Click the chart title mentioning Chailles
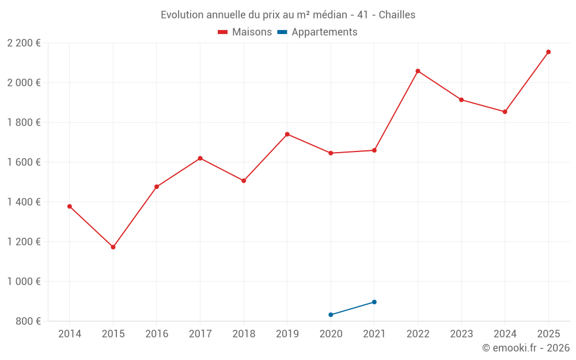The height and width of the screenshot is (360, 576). [x=288, y=14]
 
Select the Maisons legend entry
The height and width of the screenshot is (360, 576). [x=245, y=32]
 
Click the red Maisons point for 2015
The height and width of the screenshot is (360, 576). [x=113, y=247]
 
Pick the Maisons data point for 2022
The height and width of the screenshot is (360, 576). [x=418, y=71]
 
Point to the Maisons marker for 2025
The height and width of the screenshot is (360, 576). [x=548, y=52]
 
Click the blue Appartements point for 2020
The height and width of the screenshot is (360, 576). [x=331, y=314]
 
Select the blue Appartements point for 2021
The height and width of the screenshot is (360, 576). [x=374, y=302]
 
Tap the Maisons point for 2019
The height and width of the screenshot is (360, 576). [x=287, y=134]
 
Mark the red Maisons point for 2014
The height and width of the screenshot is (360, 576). [x=70, y=206]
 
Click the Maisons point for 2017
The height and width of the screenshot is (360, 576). [x=200, y=158]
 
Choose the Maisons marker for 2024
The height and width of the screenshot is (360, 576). [x=505, y=112]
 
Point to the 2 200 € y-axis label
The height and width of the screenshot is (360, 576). [x=24, y=43]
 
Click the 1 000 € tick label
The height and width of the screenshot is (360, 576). [x=24, y=282]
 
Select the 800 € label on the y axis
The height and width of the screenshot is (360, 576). [x=27, y=321]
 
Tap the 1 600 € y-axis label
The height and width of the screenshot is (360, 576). [x=24, y=162]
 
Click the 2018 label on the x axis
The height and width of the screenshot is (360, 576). [x=244, y=334]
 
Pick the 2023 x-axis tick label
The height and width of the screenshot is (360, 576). [x=461, y=334]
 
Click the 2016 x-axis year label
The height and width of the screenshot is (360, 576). [x=157, y=334]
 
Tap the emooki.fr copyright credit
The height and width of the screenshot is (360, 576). [x=525, y=348]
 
